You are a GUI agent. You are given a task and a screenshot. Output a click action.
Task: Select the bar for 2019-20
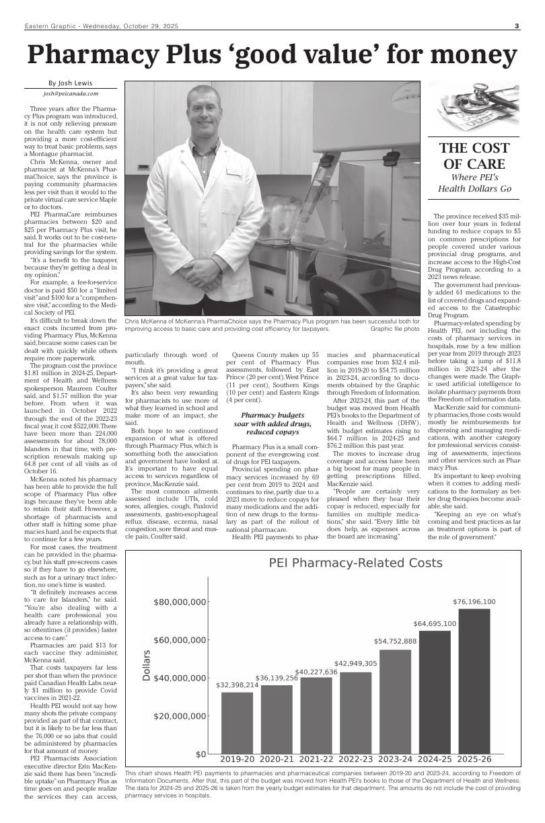click(237, 722)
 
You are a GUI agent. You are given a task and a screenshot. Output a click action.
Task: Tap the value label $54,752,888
click(395, 641)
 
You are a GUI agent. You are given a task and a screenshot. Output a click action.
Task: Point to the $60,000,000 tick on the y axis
click(180, 639)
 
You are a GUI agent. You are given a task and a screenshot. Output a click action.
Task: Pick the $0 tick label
click(200, 754)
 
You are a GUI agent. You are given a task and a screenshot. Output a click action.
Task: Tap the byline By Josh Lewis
click(71, 83)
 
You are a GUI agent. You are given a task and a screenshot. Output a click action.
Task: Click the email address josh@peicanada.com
click(71, 94)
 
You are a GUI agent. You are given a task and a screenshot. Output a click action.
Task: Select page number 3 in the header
click(517, 26)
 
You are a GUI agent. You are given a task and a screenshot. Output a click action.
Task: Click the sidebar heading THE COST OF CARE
click(474, 156)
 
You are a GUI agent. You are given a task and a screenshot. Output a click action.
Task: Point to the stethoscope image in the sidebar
click(474, 106)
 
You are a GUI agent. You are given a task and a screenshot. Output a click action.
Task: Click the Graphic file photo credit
click(395, 329)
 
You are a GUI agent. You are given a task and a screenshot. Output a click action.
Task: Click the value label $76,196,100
click(474, 602)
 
